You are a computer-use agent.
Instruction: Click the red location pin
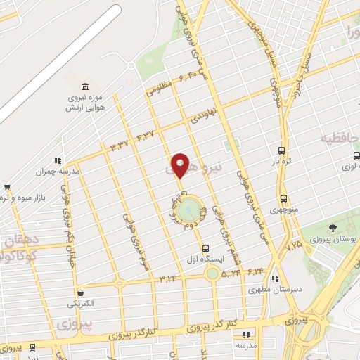coord(180,166)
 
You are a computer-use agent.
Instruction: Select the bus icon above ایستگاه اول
coord(205,248)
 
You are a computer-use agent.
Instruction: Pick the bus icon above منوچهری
coord(283,198)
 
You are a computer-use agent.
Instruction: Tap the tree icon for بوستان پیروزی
coord(333,227)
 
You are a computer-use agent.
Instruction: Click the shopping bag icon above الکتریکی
coord(80,292)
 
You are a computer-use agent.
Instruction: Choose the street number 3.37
coord(120,143)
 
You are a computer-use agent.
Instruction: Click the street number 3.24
coord(168,280)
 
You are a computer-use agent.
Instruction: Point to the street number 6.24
coord(255,270)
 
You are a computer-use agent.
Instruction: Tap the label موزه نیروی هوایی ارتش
coord(84,103)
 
